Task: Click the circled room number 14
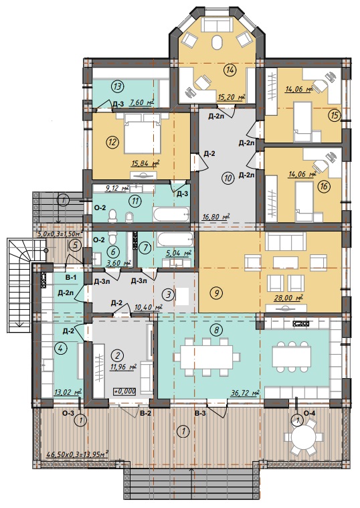(x=230, y=70)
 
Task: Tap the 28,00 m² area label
(x=288, y=298)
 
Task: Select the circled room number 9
(x=216, y=293)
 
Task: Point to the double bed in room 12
(x=143, y=133)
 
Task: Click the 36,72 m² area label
(x=245, y=394)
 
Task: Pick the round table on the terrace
(x=303, y=438)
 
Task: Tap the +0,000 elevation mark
(x=124, y=391)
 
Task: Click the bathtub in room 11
(x=171, y=214)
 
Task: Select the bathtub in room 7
(x=175, y=240)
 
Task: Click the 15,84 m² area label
(x=145, y=164)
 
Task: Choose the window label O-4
(x=309, y=413)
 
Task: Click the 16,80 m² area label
(x=215, y=216)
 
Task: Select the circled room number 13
(x=117, y=86)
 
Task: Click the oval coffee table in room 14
(x=217, y=42)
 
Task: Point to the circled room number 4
(x=61, y=349)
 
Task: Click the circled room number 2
(x=117, y=355)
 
